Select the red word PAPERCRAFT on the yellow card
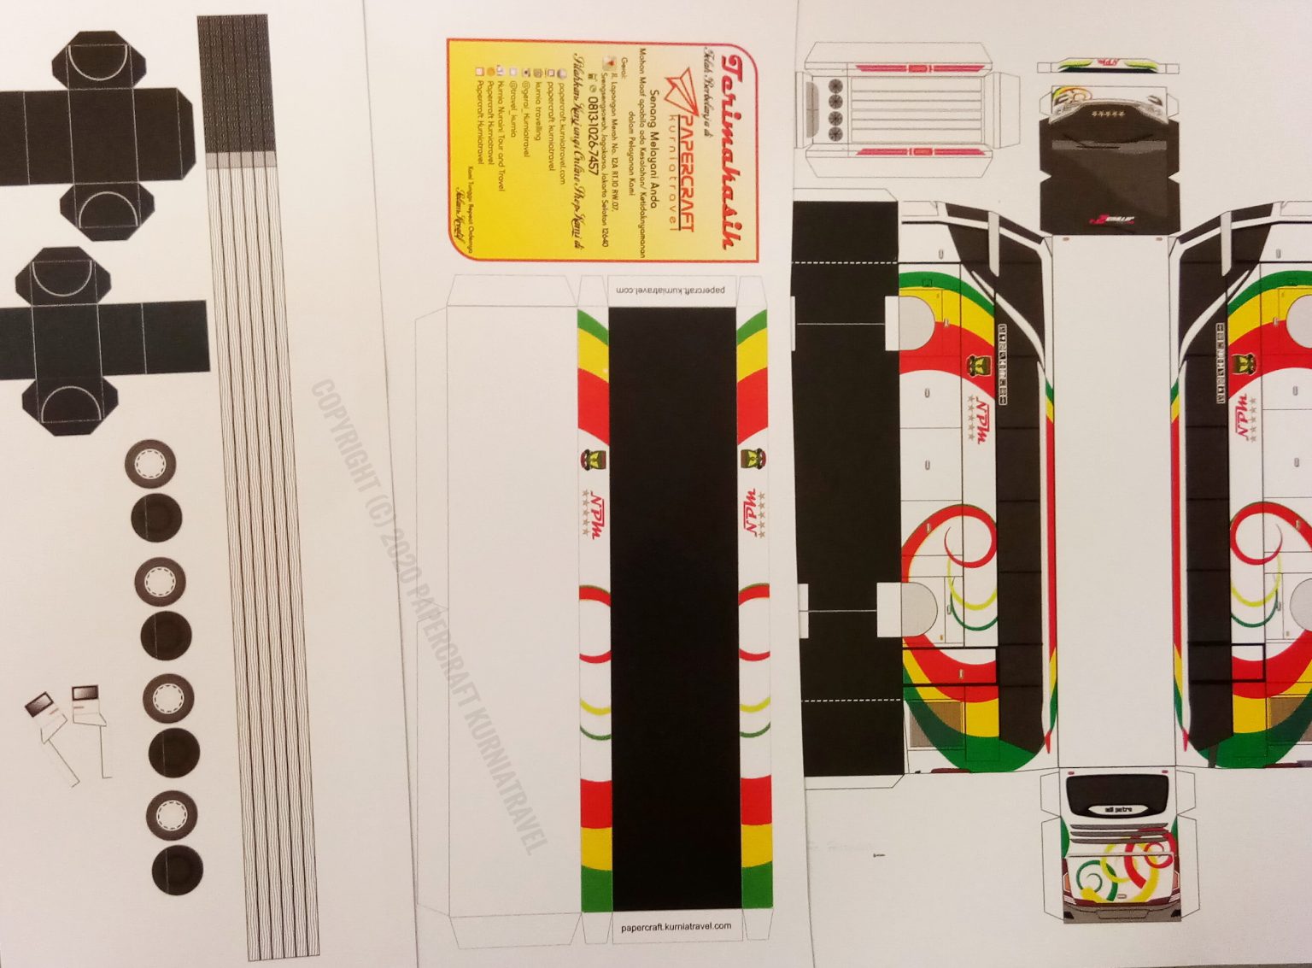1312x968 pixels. [x=682, y=150]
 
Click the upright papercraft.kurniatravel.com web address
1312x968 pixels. [x=676, y=926]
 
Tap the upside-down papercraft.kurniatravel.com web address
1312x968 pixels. [x=671, y=290]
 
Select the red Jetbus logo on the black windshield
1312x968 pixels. [x=1110, y=220]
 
